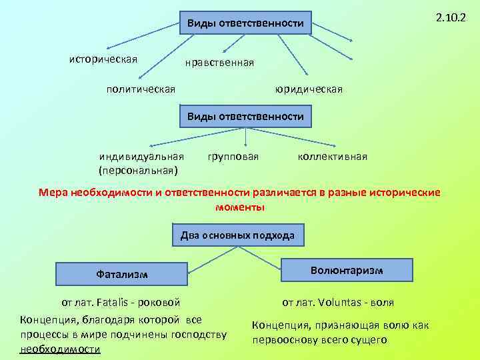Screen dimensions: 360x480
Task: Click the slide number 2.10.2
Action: [x=451, y=17]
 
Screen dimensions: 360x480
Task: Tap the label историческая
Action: [x=103, y=59]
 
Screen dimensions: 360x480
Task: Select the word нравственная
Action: [x=220, y=63]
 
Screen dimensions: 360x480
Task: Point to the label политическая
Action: [x=141, y=89]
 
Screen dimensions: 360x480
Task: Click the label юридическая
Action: [x=309, y=89]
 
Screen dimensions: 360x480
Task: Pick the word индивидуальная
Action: [x=141, y=157]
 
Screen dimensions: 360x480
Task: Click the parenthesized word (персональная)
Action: [x=139, y=170]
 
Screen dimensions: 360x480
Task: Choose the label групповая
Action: [x=233, y=157]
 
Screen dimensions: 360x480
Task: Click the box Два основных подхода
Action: [x=241, y=235]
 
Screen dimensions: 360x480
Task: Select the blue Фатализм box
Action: [x=121, y=273]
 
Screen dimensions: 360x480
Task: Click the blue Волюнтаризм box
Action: [x=346, y=270]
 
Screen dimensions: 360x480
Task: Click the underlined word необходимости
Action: [x=60, y=349]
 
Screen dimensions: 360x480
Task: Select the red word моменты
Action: [x=240, y=207]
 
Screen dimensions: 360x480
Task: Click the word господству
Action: [x=199, y=334]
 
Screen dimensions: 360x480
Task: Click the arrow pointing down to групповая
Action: [x=247, y=137]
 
